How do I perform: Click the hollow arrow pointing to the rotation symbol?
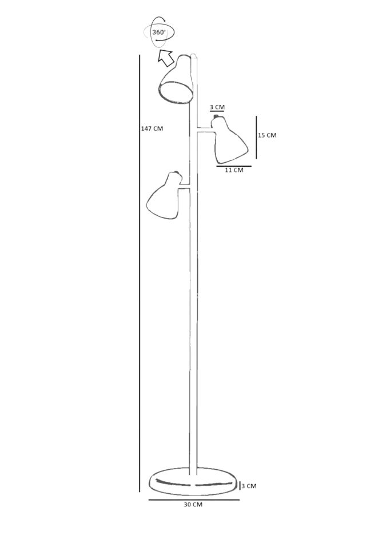166,57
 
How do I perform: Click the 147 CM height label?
152,128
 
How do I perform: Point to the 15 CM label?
267,135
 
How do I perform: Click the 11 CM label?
233,170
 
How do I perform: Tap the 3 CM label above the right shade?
217,107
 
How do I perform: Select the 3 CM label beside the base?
249,486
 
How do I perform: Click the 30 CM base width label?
193,505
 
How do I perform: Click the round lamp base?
193,482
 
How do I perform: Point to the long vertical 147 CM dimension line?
140,274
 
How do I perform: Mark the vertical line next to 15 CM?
256,137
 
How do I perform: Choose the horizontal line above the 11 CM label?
234,166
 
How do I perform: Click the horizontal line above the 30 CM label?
193,499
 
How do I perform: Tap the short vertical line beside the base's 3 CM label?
240,486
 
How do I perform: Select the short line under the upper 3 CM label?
217,112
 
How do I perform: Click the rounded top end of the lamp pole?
194,57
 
